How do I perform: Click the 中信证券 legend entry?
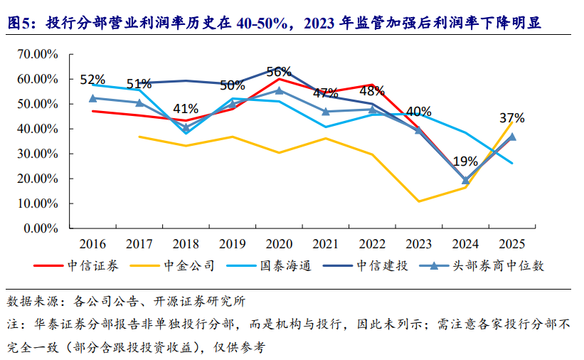pyautogui.click(x=76, y=265)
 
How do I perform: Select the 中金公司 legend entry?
pyautogui.click(x=172, y=265)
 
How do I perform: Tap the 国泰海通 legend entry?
pyautogui.click(x=269, y=265)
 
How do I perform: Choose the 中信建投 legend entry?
pyautogui.click(x=366, y=265)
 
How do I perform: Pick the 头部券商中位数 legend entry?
pyautogui.click(x=482, y=265)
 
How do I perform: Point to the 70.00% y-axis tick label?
pyautogui.click(x=38, y=54)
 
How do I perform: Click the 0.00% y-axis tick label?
pyautogui.click(x=41, y=228)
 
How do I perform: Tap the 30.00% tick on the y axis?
pyautogui.click(x=38, y=154)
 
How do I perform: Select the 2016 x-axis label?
pyautogui.click(x=92, y=244)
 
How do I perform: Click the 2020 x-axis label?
pyautogui.click(x=279, y=244)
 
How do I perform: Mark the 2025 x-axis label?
pyautogui.click(x=511, y=244)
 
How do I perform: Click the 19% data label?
pyautogui.click(x=465, y=162)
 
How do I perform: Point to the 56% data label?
pyautogui.click(x=279, y=71)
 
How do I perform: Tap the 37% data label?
pyautogui.click(x=512, y=118)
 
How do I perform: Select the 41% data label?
pyautogui.click(x=186, y=109)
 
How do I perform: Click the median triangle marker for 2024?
pyautogui.click(x=465, y=181)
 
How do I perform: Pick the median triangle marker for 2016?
pyautogui.click(x=92, y=98)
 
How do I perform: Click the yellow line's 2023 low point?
pyautogui.click(x=419, y=201)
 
